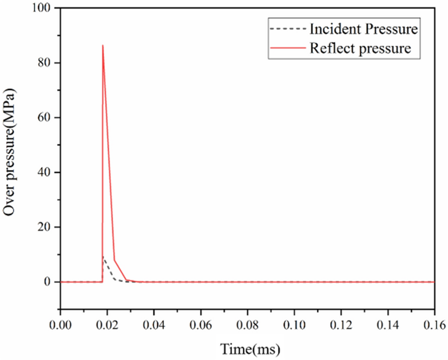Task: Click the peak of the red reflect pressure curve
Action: (103, 45)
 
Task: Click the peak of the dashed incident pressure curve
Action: (103, 257)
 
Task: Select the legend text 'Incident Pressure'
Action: (364, 29)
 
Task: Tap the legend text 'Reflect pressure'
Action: (361, 49)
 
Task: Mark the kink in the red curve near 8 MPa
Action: (115, 260)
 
